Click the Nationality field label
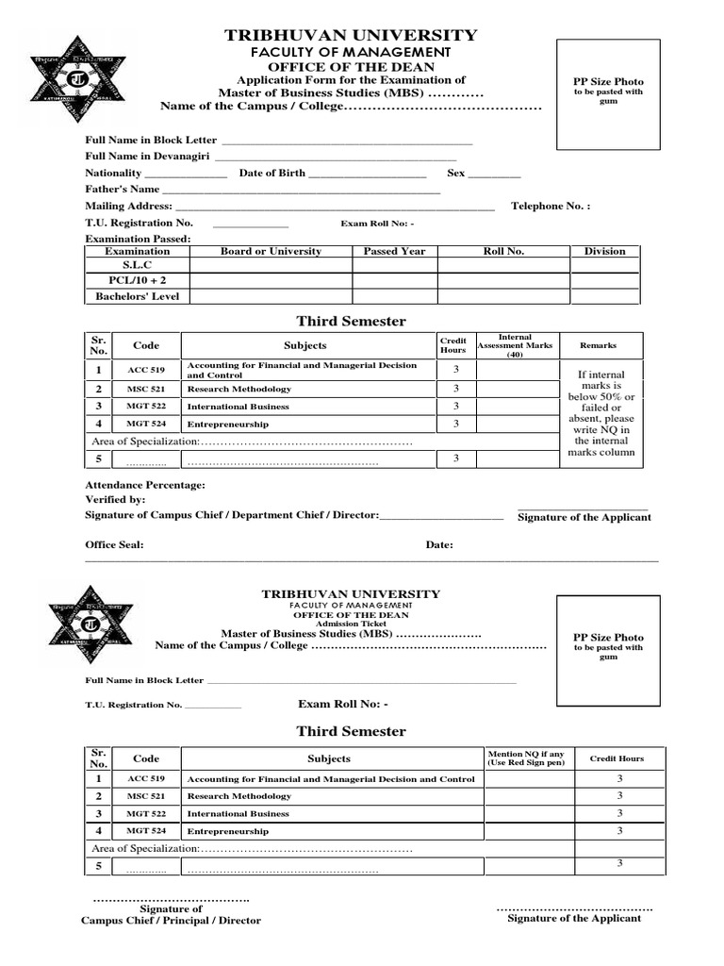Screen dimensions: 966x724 (x=113, y=174)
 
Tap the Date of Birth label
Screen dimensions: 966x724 (x=272, y=174)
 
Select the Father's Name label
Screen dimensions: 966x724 (x=123, y=190)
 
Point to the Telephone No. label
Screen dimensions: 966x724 (x=551, y=206)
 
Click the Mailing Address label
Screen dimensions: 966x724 (x=129, y=206)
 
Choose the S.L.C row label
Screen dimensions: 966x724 (x=137, y=266)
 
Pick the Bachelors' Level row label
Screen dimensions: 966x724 (x=137, y=296)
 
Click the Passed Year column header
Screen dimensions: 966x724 (x=394, y=251)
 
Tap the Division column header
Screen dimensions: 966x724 (x=604, y=251)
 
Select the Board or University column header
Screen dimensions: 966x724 (x=271, y=251)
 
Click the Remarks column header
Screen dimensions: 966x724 (x=598, y=346)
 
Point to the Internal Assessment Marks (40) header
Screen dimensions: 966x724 (x=515, y=345)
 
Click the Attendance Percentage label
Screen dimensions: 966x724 (x=145, y=485)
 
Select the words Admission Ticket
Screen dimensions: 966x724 (x=350, y=625)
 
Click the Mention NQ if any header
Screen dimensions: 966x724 (x=526, y=758)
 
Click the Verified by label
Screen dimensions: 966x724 (x=116, y=499)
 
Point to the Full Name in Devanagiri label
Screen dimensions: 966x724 (x=148, y=157)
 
